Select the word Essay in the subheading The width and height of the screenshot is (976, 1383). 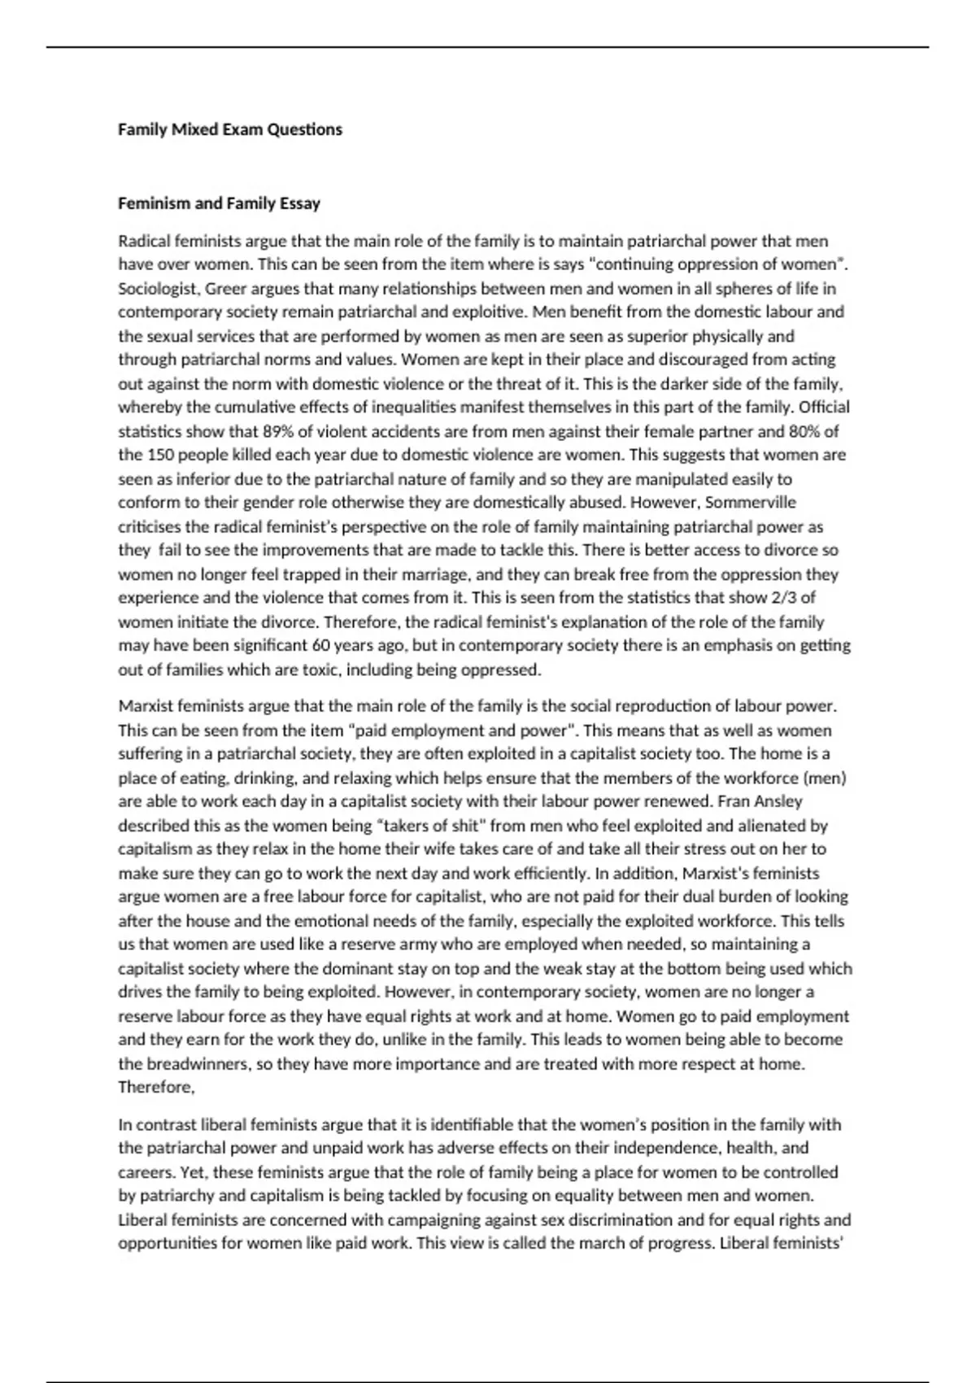coord(299,203)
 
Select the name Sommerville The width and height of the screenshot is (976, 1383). coord(751,502)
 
